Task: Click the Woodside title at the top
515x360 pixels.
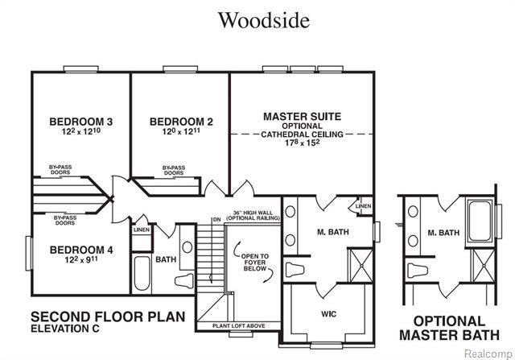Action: click(263, 20)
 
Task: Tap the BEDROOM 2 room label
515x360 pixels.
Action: click(181, 122)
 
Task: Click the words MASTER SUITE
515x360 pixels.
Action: click(303, 116)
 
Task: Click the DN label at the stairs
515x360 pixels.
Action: click(216, 219)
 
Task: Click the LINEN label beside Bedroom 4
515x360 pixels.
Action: click(142, 230)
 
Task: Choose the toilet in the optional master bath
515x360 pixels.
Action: click(417, 270)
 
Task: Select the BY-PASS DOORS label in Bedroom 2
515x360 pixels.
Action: click(172, 171)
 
